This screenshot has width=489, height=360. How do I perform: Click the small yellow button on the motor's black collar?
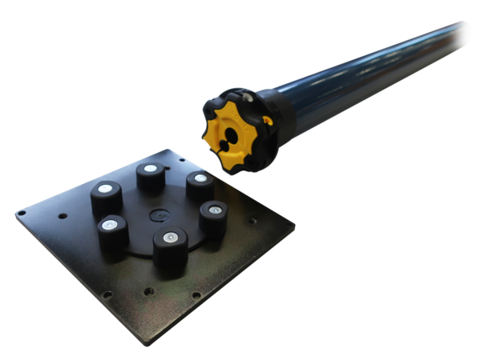(x=268, y=122)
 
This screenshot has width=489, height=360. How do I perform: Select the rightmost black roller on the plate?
(x=212, y=218)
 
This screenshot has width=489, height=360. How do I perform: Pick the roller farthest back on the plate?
(x=150, y=178)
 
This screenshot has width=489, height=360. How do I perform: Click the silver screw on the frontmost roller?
(x=169, y=238)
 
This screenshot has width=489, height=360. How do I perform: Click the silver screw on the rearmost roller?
(x=150, y=170)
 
